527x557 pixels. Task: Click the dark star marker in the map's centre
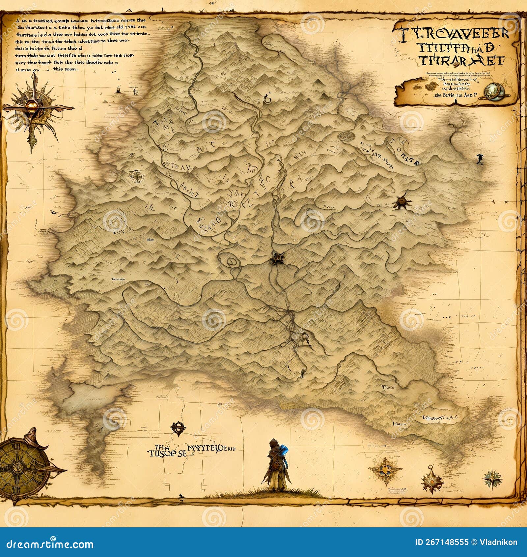(278, 257)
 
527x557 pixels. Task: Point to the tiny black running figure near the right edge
(479, 159)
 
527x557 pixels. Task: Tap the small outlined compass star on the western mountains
(136, 176)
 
